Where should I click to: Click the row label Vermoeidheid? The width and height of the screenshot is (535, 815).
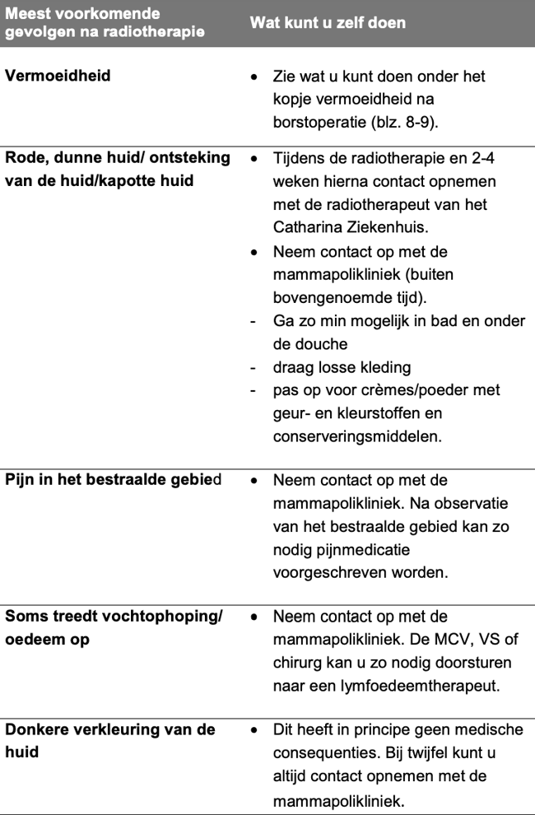[x=58, y=77]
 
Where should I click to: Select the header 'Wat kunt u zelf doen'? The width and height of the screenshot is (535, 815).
[x=328, y=22]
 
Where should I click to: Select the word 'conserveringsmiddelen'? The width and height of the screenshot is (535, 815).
[x=357, y=436]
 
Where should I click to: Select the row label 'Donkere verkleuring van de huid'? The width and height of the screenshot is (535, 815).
[x=109, y=740]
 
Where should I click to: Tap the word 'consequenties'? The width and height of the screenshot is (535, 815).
[x=321, y=753]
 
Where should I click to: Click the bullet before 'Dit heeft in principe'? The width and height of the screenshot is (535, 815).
[x=255, y=730]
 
